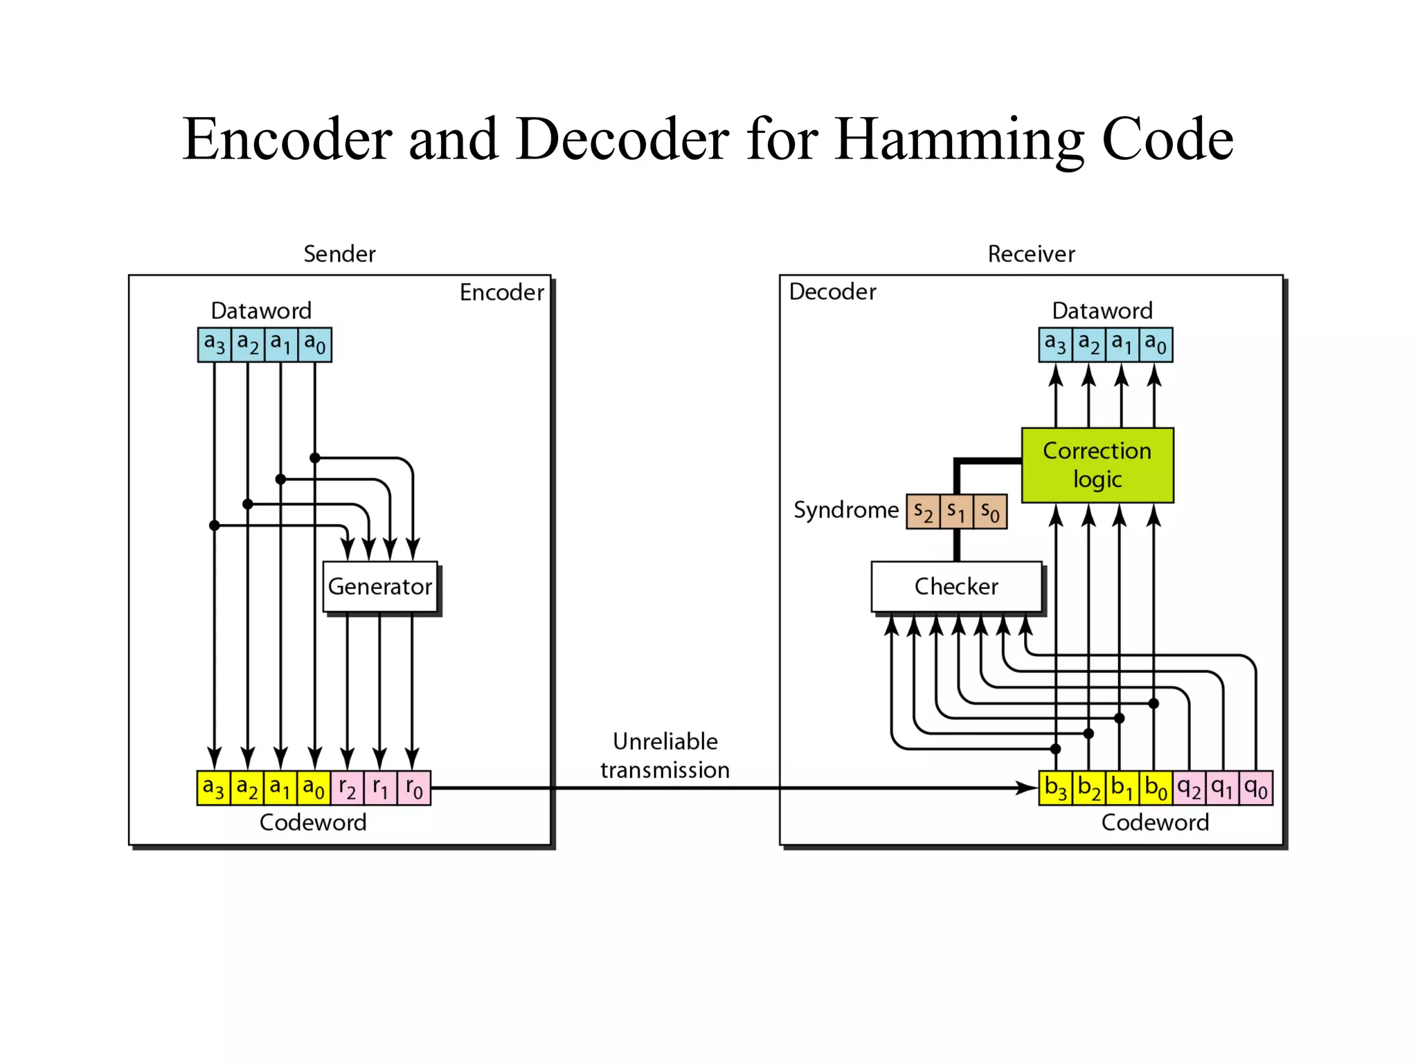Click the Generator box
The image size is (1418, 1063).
pyautogui.click(x=379, y=586)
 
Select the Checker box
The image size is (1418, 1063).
pyautogui.click(x=956, y=586)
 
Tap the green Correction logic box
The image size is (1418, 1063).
pyautogui.click(x=1097, y=464)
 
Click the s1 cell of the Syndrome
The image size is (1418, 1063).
pyautogui.click(x=956, y=511)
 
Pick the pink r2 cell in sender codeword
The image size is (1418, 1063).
pyautogui.click(x=347, y=788)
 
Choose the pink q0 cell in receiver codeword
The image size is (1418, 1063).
pyautogui.click(x=1255, y=788)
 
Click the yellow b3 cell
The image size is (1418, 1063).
pyautogui.click(x=1055, y=788)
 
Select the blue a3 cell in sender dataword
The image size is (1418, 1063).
pyautogui.click(x=214, y=344)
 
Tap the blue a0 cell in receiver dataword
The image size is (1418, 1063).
pyautogui.click(x=1156, y=344)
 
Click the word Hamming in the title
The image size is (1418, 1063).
pyautogui.click(x=959, y=140)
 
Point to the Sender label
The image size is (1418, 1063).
pyautogui.click(x=339, y=254)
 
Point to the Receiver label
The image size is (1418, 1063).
pyautogui.click(x=1031, y=254)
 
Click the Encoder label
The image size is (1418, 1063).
pyautogui.click(x=501, y=292)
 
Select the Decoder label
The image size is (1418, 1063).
pyautogui.click(x=832, y=291)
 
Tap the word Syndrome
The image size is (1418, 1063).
pyautogui.click(x=845, y=510)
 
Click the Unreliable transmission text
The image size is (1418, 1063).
pyautogui.click(x=665, y=755)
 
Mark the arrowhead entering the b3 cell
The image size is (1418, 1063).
pyautogui.click(x=1027, y=788)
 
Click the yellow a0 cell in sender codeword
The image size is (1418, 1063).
pyautogui.click(x=314, y=788)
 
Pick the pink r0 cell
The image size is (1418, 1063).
pyautogui.click(x=414, y=788)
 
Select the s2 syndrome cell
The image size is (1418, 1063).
pyautogui.click(x=923, y=511)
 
